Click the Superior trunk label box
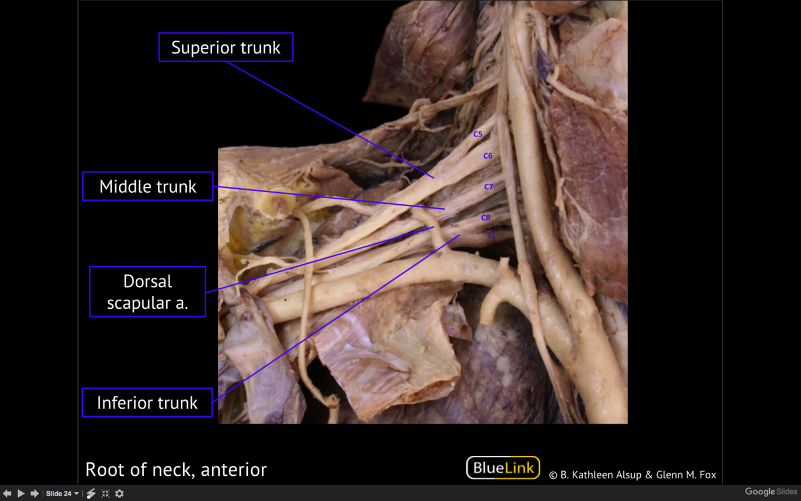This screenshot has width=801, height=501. pos(226,47)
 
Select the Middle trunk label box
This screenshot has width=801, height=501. pos(148,186)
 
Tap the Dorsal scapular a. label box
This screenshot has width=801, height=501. pos(148,292)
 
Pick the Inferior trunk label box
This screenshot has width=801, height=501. pos(147,402)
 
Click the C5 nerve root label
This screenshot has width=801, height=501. pos(478,134)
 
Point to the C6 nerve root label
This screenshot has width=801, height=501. pos(488,156)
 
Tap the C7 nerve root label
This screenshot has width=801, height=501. pos(489,187)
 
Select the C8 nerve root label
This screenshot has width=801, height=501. pos(486,217)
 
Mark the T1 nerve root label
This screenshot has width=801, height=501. pos(491,235)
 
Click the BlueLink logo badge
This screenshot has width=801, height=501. pos(503,468)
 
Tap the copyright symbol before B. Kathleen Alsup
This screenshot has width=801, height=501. pos(553,475)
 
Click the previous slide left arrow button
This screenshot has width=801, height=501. pos(7,493)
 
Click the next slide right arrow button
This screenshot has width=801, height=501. pos(34,493)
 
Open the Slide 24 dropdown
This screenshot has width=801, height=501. pos(62,493)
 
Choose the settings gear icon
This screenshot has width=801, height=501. pos(119,493)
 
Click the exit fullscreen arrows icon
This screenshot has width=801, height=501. pos(105,493)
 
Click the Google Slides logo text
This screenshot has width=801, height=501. pos(771,492)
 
